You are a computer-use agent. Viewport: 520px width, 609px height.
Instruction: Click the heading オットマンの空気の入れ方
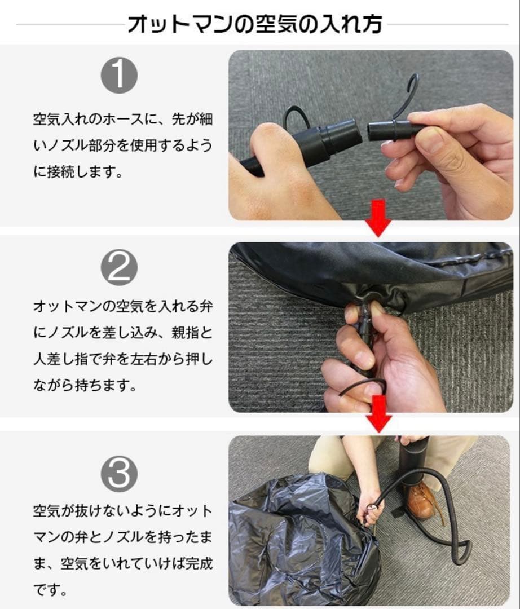pos(255,24)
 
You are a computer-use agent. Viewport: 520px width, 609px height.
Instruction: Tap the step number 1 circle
pos(120,76)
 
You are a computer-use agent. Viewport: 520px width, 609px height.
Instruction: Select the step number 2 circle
pos(120,269)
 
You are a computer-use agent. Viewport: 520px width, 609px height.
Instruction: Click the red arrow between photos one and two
pos(378,225)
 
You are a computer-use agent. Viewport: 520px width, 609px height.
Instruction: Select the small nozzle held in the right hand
pos(389,130)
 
